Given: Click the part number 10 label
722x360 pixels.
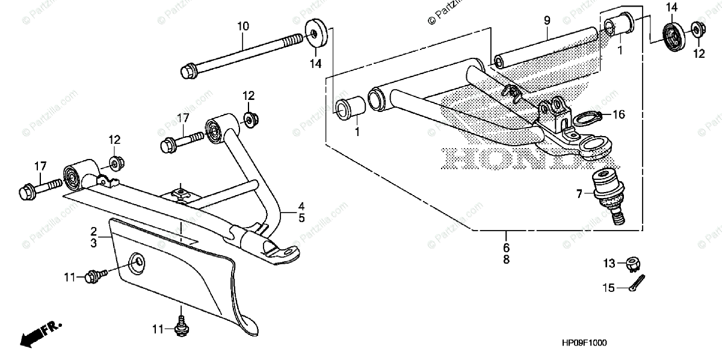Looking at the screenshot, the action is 242,26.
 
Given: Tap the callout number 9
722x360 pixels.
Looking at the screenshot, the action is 547,20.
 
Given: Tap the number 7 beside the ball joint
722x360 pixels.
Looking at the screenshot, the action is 579,194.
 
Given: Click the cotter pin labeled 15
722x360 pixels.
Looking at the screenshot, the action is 637,282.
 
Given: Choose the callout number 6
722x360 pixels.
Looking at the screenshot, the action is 506,247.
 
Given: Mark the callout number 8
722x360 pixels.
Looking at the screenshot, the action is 506,259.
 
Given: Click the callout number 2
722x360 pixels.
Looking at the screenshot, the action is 94,231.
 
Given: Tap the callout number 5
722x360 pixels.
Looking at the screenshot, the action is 301,217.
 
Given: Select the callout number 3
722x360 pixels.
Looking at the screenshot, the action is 94,243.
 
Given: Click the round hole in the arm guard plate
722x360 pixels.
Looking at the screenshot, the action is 138,261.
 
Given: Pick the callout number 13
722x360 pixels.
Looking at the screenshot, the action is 608,262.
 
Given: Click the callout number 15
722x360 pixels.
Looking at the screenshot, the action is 608,288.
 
